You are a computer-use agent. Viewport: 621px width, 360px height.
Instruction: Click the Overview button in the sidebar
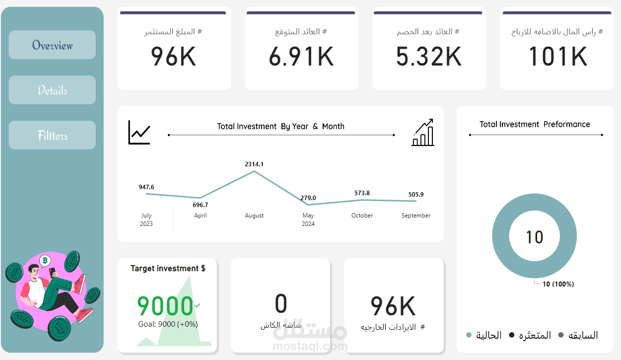[x=52, y=45]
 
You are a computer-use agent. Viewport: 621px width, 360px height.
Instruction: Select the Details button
[x=52, y=90]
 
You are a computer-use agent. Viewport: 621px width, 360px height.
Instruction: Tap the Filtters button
[x=52, y=136]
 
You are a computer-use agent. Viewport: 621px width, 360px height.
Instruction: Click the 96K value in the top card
[x=174, y=57]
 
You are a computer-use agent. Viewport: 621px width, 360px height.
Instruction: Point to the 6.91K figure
[x=301, y=57]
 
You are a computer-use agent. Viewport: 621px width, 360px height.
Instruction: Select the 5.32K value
[x=429, y=57]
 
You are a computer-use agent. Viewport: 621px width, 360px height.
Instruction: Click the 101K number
[x=557, y=57]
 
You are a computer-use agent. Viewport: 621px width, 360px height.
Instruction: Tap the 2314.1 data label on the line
[x=254, y=164]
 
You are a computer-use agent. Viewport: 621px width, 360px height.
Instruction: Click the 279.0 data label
[x=308, y=198]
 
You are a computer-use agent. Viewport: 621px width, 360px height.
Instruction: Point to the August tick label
[x=254, y=216]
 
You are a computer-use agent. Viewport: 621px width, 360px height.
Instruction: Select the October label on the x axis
[x=362, y=216]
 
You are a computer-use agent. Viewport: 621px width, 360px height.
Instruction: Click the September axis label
[x=416, y=216]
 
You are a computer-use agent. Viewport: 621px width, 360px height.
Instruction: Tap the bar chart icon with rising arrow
[x=423, y=133]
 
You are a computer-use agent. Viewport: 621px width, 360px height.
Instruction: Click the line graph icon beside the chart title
[x=139, y=133]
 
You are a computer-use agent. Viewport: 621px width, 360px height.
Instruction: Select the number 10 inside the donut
[x=534, y=237]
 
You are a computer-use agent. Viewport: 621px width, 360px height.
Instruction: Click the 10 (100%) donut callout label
[x=558, y=284]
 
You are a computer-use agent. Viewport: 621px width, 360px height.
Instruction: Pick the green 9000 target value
[x=165, y=306]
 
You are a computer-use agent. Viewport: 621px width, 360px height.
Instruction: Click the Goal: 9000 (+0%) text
[x=168, y=324]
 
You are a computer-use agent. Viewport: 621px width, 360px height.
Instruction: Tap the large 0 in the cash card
[x=281, y=304]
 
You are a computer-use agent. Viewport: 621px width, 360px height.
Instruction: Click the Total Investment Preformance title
[x=535, y=124]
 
